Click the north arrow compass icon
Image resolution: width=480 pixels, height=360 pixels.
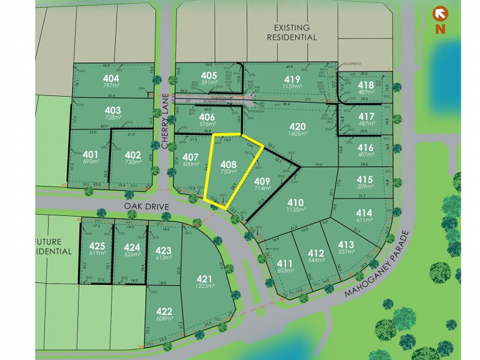pyautogui.click(x=440, y=14)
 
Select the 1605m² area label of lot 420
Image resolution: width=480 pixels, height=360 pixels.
pyautogui.click(x=298, y=135)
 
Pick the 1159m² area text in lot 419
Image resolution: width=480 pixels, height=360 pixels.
pyautogui.click(x=292, y=88)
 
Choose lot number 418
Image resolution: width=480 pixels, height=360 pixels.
pyautogui.click(x=366, y=85)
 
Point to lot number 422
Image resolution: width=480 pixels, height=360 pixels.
pyautogui.click(x=163, y=311)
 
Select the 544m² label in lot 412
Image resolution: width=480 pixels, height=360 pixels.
pyautogui.click(x=316, y=261)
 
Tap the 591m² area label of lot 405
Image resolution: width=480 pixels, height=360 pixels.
pyautogui.click(x=209, y=83)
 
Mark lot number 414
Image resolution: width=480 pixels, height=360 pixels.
pyautogui.click(x=364, y=212)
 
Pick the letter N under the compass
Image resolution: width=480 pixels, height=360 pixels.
pyautogui.click(x=440, y=28)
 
